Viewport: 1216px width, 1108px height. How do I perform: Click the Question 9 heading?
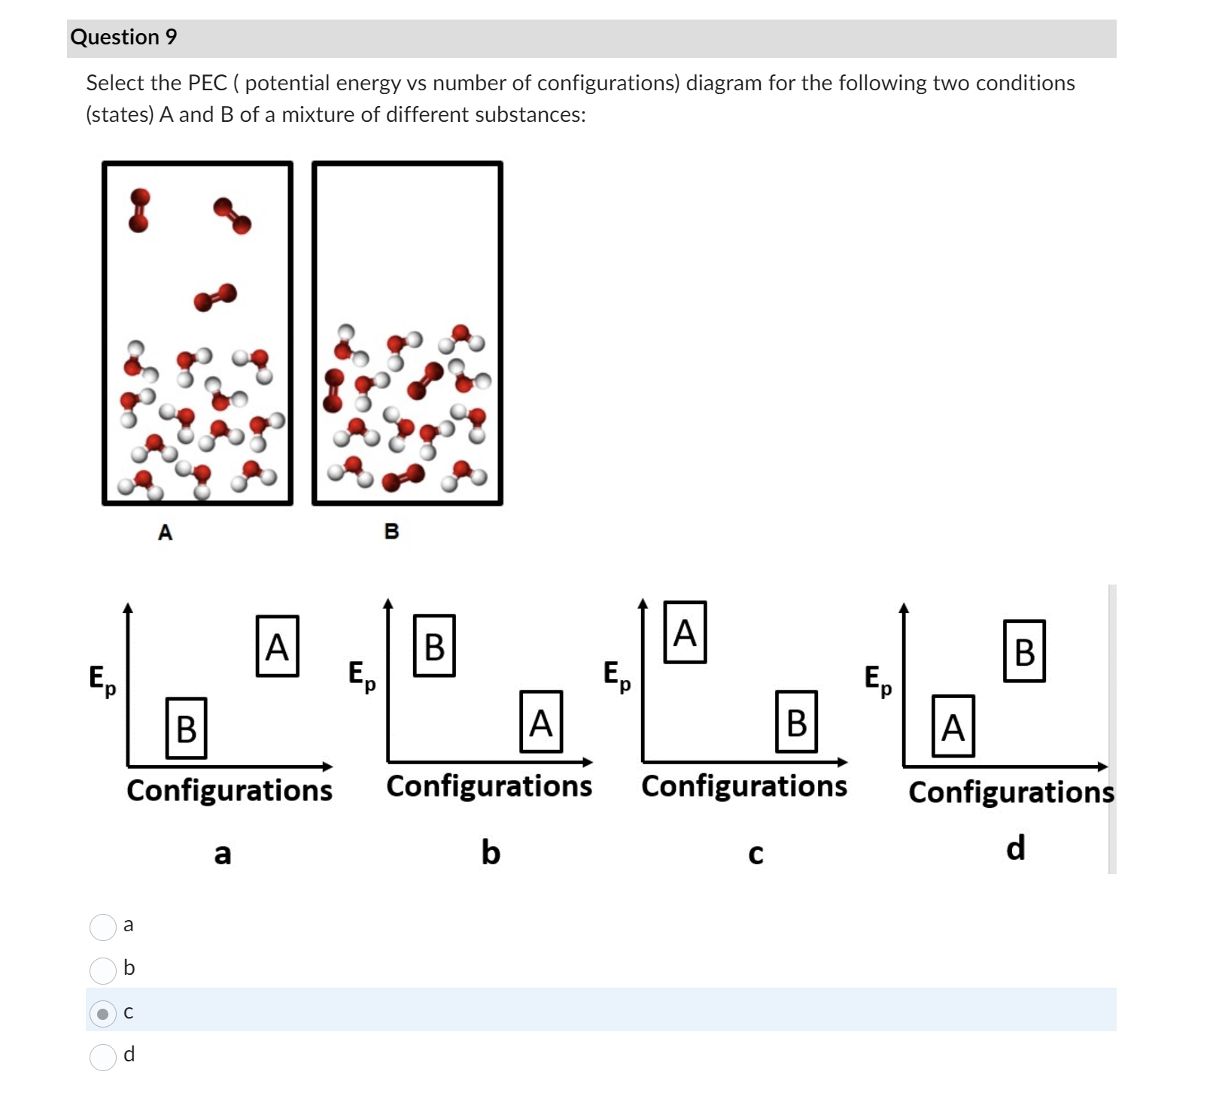(x=123, y=37)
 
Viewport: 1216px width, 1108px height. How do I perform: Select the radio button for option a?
(x=103, y=927)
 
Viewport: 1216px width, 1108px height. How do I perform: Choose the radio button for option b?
(x=103, y=970)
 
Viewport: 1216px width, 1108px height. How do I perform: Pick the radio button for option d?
(x=103, y=1057)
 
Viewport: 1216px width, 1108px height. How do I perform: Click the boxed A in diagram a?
(x=277, y=646)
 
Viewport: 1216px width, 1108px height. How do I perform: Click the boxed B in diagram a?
(x=186, y=728)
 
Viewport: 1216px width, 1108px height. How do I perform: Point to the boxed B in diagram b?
(x=434, y=646)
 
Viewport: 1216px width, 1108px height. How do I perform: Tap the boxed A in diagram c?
(x=685, y=633)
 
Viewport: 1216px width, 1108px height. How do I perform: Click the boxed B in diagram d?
(x=1024, y=651)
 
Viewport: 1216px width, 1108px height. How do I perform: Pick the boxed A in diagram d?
(x=953, y=727)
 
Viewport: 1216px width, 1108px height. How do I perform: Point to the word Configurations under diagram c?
(x=744, y=786)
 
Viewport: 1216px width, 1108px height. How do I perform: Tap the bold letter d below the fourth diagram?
(x=1015, y=848)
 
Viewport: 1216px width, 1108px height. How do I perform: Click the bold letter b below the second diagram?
(x=491, y=852)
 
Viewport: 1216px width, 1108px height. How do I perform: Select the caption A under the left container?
(x=166, y=533)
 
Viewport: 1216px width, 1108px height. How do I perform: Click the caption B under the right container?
(x=391, y=531)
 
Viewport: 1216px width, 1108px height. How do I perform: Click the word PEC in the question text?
(x=207, y=83)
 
